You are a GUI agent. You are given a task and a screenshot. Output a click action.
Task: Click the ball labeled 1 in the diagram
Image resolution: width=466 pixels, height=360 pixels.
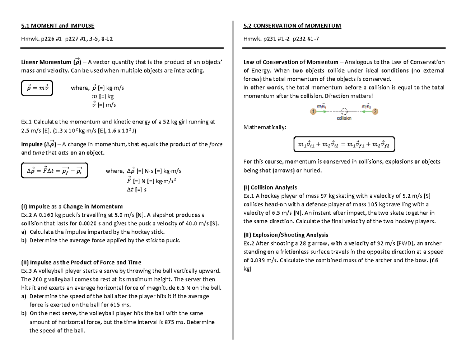[313, 112]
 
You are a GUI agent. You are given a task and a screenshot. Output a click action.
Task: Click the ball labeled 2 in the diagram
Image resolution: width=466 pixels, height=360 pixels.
[375, 112]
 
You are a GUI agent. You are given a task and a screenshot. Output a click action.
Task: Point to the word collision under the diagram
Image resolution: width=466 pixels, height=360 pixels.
[344, 118]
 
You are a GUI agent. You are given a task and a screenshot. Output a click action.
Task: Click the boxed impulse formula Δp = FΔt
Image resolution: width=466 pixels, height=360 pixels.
[54, 170]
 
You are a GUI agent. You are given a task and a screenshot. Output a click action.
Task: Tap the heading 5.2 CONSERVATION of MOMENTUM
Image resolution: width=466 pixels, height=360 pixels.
[292, 26]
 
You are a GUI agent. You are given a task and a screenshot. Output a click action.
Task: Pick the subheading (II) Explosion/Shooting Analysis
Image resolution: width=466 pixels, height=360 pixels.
[286, 235]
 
